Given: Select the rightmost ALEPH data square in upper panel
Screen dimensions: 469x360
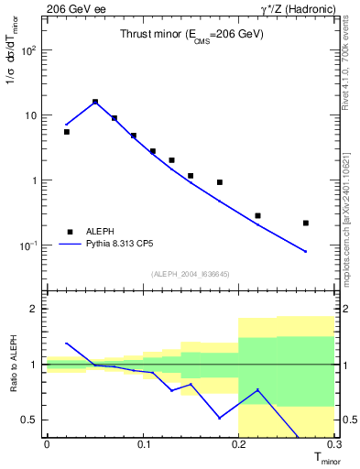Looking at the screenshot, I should [306, 223].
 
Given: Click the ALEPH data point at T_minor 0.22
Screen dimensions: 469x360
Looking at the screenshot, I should [257, 215].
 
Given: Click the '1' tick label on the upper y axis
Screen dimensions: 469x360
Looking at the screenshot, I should [35, 180].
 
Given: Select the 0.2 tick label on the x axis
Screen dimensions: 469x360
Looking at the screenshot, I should [239, 444].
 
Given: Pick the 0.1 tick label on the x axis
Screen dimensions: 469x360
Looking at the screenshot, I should [143, 444].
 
